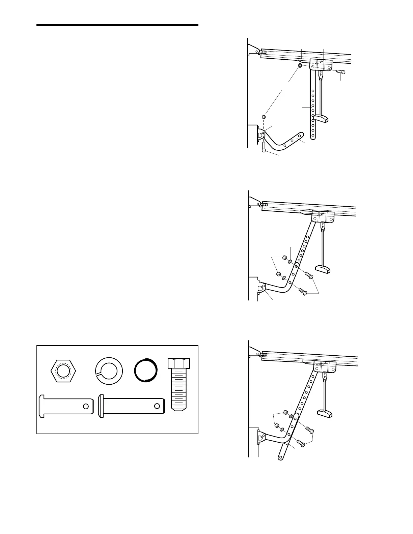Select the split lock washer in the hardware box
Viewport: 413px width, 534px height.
(109, 371)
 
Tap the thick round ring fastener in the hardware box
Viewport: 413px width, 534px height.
(146, 370)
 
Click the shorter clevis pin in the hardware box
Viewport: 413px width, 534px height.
(66, 406)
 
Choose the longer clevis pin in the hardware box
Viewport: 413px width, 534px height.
(132, 406)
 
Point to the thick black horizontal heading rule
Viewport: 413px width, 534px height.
(117, 26)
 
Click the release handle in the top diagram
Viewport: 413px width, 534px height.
(321, 118)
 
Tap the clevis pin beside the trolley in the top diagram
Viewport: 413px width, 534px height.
(340, 71)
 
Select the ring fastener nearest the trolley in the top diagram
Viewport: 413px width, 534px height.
(299, 65)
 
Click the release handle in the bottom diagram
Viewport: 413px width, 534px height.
(325, 412)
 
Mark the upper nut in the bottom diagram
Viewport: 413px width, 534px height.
(285, 412)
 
